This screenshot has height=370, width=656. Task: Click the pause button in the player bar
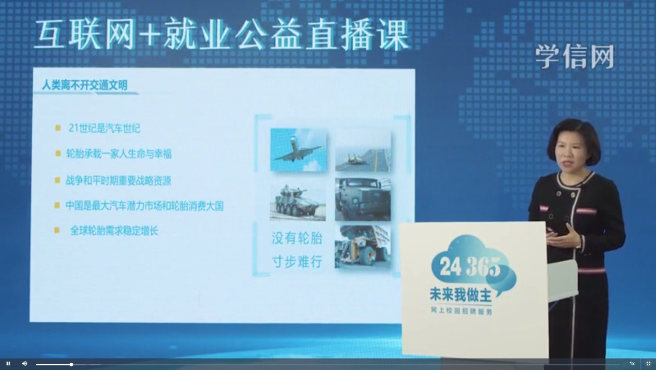coord(8,364)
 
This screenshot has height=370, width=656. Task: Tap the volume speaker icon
coord(25,364)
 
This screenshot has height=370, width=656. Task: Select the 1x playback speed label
coord(632,364)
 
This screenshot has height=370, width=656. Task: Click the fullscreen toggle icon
coord(648,364)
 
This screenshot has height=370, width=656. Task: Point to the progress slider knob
coord(71,364)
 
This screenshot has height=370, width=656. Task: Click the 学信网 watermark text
coord(575,56)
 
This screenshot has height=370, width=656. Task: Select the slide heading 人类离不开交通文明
coord(85,85)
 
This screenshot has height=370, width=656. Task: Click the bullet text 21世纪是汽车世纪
coord(105,128)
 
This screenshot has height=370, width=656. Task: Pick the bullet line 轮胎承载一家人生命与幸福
coord(118,154)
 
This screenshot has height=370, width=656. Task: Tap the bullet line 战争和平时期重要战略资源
coord(118,180)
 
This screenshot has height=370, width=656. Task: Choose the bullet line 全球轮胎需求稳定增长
coord(114,231)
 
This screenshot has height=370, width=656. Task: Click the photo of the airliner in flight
coord(298,150)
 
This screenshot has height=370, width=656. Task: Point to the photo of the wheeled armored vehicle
coord(298,200)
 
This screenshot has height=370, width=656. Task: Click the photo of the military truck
coord(363,200)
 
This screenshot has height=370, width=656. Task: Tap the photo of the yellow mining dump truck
coord(363,247)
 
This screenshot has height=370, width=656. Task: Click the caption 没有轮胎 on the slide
coord(297,238)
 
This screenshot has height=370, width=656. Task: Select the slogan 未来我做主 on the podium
coord(461,295)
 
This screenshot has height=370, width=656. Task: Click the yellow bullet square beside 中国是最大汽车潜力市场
coord(57,205)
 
